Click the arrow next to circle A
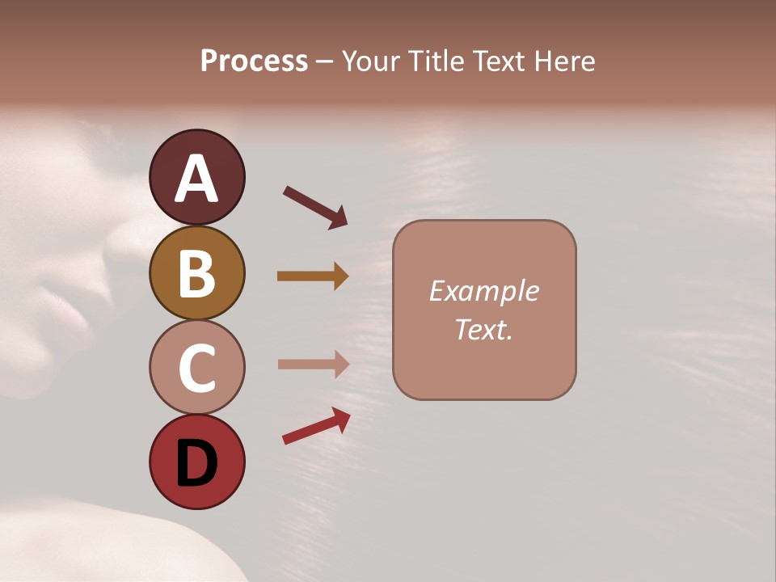[x=314, y=206]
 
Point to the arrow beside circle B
[x=313, y=276]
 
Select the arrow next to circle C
[x=313, y=364]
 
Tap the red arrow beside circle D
[x=316, y=426]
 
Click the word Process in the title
[x=254, y=61]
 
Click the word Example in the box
[x=483, y=291]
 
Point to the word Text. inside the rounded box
[x=483, y=330]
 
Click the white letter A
[x=196, y=179]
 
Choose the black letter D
[x=196, y=463]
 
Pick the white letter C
[x=196, y=369]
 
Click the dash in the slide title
[x=325, y=62]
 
